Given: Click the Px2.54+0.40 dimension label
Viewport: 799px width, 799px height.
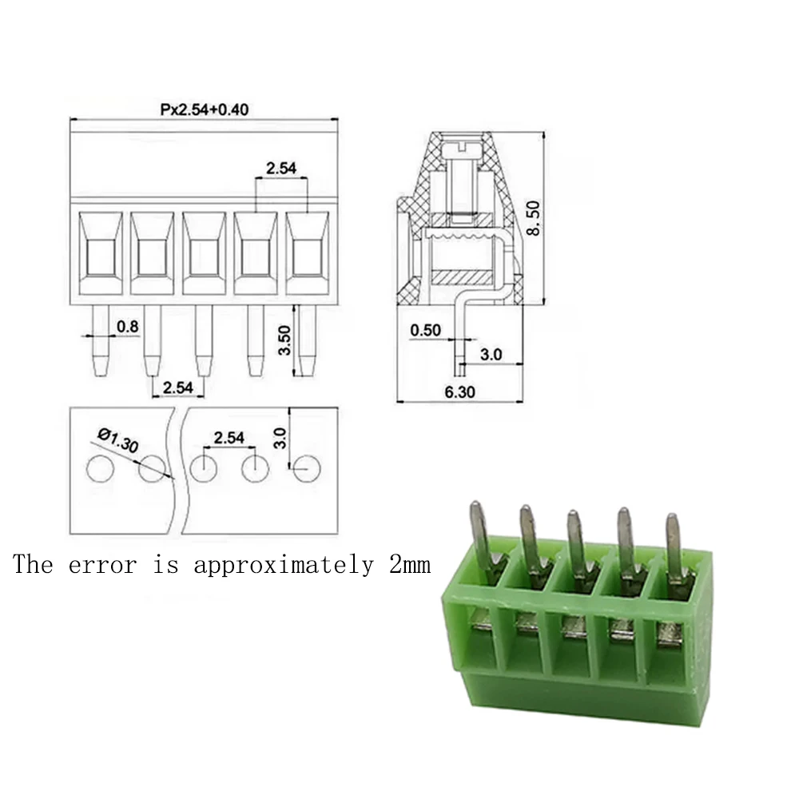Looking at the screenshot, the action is pyautogui.click(x=205, y=109).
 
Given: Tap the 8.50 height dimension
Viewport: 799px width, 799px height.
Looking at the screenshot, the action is pyautogui.click(x=533, y=218).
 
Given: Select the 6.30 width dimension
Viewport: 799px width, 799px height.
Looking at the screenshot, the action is pyautogui.click(x=459, y=392).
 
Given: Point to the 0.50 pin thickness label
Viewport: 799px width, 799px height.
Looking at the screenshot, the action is pyautogui.click(x=426, y=330).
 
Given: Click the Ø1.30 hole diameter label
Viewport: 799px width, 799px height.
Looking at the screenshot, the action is pyautogui.click(x=118, y=440).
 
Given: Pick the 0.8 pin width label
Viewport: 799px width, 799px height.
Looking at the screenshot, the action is pyautogui.click(x=127, y=326).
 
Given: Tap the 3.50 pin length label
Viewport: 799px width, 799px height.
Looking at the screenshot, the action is pyautogui.click(x=284, y=340).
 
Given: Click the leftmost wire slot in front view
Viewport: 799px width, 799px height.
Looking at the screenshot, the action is pyautogui.click(x=101, y=253).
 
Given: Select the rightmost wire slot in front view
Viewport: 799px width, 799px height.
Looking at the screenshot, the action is pyautogui.click(x=308, y=253).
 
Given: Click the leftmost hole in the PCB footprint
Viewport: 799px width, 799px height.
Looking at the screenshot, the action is pyautogui.click(x=101, y=468).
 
